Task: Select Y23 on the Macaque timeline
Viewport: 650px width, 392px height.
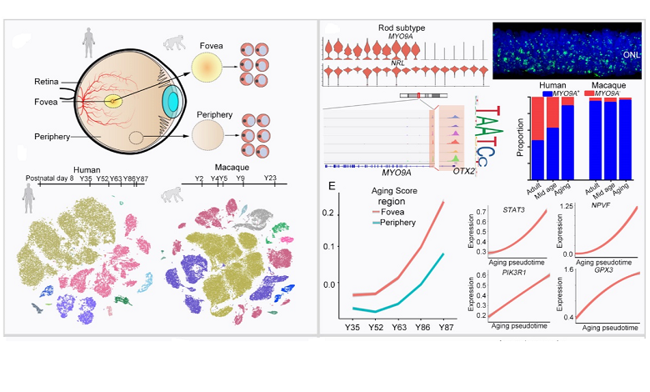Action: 270,178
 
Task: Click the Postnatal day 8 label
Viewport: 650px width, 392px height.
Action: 49,178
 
